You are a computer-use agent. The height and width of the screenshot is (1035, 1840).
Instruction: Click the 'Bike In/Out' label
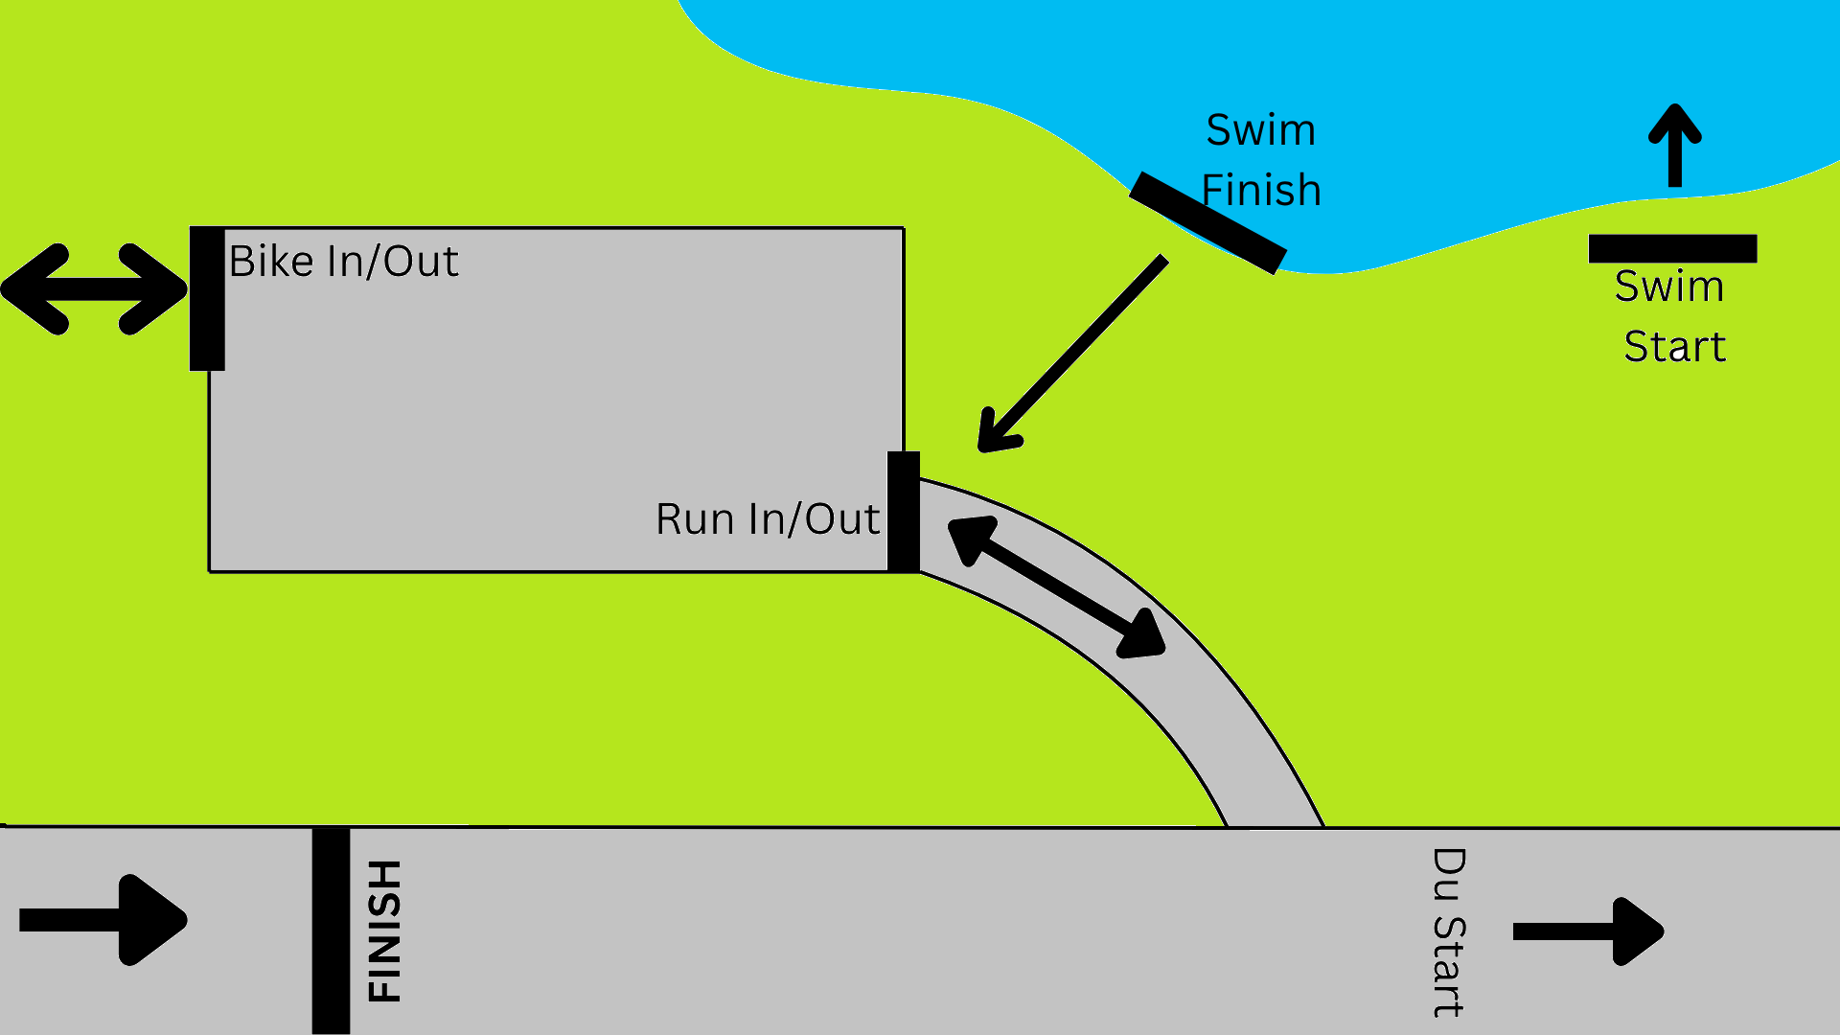click(x=343, y=262)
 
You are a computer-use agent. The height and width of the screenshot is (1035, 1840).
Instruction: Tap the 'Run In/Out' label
click(x=768, y=519)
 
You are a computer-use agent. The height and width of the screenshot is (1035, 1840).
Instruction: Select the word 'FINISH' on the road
click(x=385, y=931)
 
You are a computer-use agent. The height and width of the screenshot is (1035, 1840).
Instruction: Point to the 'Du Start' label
click(x=1448, y=932)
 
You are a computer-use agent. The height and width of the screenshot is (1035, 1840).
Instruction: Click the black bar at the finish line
click(x=331, y=931)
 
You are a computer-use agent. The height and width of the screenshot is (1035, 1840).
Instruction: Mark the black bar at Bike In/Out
click(x=207, y=298)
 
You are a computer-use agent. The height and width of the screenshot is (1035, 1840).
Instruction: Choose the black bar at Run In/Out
click(x=904, y=512)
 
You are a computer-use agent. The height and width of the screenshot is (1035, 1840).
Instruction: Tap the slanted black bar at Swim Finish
click(x=1207, y=223)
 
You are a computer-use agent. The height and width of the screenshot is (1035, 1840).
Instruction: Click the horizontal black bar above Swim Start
click(x=1672, y=249)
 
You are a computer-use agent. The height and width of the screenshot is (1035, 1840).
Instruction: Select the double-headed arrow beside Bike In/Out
click(x=94, y=289)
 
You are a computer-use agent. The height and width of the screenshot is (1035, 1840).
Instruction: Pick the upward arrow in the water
click(x=1674, y=146)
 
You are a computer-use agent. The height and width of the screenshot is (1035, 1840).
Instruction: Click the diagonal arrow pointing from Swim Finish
click(x=1071, y=354)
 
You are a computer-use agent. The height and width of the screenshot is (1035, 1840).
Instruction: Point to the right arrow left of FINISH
click(x=103, y=920)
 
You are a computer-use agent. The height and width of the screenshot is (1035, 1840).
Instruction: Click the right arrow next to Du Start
click(x=1588, y=931)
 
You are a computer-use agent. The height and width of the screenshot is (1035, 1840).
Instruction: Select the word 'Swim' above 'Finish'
click(x=1260, y=130)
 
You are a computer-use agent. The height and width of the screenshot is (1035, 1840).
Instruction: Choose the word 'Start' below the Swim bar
click(x=1674, y=346)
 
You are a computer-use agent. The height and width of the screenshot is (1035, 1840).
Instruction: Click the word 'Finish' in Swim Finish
click(x=1261, y=190)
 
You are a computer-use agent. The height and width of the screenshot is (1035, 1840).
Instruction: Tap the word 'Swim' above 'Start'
click(x=1669, y=287)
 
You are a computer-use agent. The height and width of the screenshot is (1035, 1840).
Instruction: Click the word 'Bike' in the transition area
click(x=271, y=262)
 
